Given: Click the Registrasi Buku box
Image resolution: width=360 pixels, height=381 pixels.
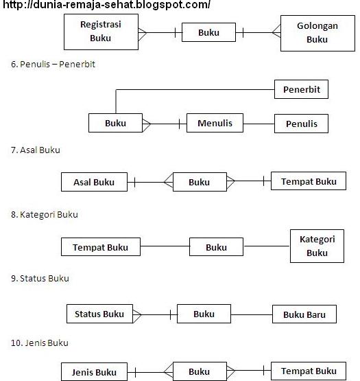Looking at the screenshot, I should [x=101, y=32].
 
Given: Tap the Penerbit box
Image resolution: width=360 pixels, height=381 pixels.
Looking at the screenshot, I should [x=302, y=89].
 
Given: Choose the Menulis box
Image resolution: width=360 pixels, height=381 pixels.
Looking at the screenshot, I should [x=215, y=124].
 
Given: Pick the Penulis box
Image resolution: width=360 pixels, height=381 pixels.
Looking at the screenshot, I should [x=302, y=124].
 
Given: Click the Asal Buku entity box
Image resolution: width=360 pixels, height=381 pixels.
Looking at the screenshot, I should [x=94, y=182].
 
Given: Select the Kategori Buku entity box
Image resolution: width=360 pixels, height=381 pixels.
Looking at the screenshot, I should [x=317, y=246].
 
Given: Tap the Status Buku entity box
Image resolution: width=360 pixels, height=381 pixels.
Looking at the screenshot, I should [x=99, y=314].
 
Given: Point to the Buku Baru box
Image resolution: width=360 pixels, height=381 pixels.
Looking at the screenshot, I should [x=304, y=315].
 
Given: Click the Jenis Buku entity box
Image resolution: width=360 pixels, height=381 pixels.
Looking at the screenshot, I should [x=94, y=372].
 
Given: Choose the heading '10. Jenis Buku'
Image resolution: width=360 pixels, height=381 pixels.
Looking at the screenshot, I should [x=40, y=342].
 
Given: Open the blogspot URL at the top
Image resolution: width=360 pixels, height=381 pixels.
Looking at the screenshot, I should [x=106, y=5].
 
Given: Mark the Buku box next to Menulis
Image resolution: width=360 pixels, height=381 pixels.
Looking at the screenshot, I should [x=116, y=124].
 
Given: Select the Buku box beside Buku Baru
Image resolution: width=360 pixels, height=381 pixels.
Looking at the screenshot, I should [x=204, y=314].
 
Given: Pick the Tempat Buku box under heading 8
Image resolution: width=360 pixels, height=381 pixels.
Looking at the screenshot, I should [x=100, y=247].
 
